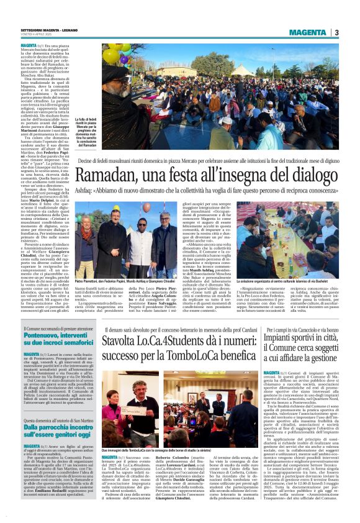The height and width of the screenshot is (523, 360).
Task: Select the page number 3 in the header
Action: click(x=336, y=32)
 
